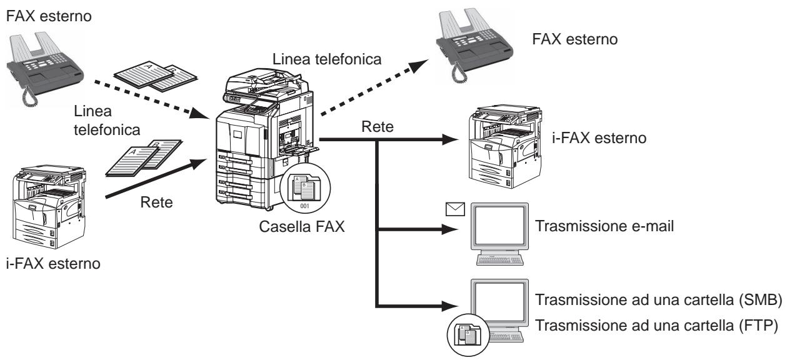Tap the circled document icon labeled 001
[303, 191]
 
